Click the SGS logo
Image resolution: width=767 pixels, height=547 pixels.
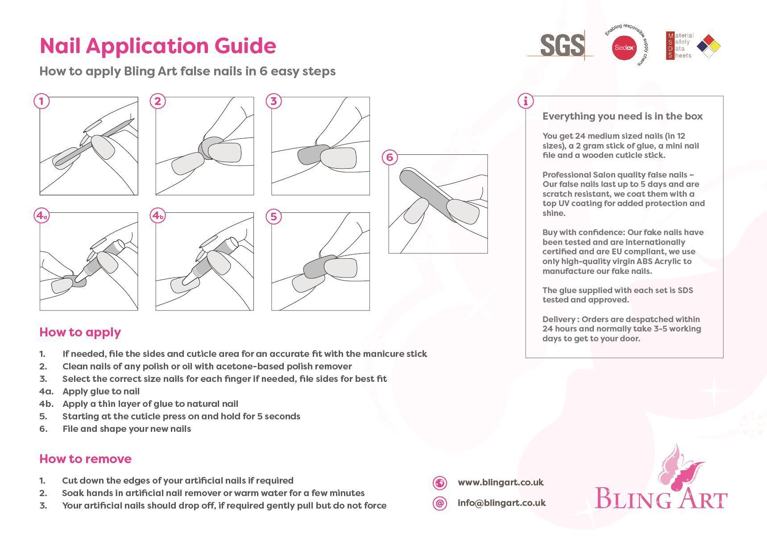tap(562, 45)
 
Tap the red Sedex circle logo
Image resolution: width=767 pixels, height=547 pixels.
tap(624, 47)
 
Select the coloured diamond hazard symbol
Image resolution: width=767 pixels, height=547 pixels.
tap(709, 46)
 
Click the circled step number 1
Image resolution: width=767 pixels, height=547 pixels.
tap(41, 101)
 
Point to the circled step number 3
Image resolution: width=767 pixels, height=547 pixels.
tap(274, 101)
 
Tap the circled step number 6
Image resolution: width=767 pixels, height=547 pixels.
tap(390, 157)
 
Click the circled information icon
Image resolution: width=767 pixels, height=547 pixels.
tap(526, 101)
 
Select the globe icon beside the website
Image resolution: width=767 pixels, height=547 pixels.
tap(439, 483)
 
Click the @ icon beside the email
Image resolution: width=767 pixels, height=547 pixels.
tap(439, 503)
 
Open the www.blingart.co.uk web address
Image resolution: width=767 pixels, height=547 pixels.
tap(501, 482)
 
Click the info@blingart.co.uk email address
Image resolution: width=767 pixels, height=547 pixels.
tap(502, 503)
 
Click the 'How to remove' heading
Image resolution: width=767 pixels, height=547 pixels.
tap(85, 459)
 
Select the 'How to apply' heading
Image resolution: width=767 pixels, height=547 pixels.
tap(80, 332)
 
